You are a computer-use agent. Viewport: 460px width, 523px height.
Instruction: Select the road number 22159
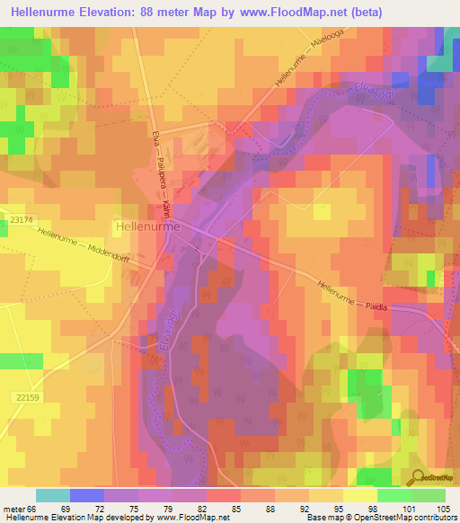click(x=28, y=397)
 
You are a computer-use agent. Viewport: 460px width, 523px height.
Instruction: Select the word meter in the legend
click(x=13, y=509)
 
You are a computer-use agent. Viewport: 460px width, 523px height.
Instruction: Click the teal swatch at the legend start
click(x=53, y=495)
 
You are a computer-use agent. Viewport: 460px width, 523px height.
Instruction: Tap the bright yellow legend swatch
click(x=360, y=495)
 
